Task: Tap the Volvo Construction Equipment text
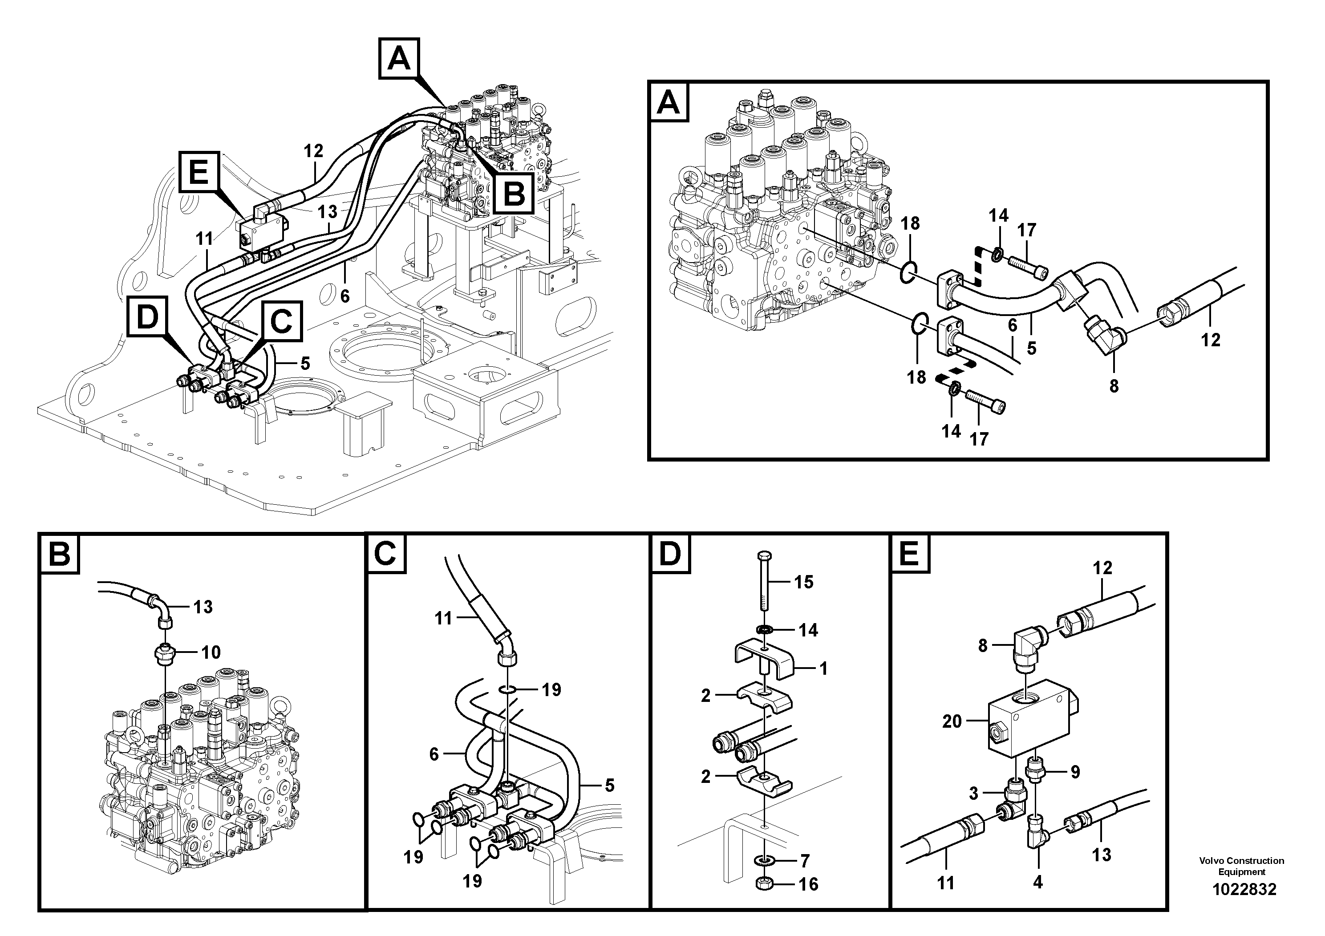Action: (x=1241, y=866)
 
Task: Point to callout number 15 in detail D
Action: (x=804, y=582)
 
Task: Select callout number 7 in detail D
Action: (x=805, y=860)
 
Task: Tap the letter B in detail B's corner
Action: (x=60, y=555)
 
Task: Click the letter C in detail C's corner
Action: (x=385, y=555)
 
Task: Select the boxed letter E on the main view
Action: (x=199, y=172)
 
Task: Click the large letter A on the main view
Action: (x=399, y=58)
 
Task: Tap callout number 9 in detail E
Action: (x=1075, y=772)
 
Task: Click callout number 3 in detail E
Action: (x=973, y=794)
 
